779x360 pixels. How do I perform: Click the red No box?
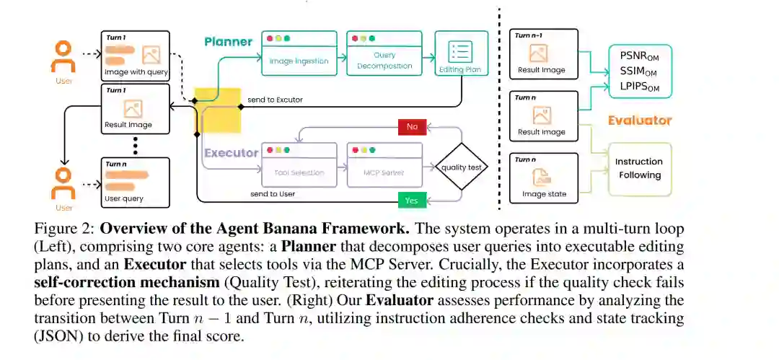point(412,126)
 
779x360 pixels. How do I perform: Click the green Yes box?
point(412,201)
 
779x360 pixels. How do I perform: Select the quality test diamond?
point(462,167)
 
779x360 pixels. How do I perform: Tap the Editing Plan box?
point(462,53)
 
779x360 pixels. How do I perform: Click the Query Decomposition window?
point(384,53)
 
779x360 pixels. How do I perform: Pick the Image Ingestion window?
point(299,53)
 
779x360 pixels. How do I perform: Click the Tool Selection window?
point(299,165)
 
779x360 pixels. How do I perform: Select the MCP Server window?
point(384,165)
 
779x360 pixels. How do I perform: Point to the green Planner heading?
point(228,42)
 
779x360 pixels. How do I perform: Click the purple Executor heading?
point(232,153)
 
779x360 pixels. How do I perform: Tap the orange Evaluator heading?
point(640,120)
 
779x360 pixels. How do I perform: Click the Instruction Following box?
point(640,169)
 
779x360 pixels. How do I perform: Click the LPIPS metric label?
point(639,87)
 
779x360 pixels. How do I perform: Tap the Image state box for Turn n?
point(544,178)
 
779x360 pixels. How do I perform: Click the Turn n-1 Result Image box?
point(544,53)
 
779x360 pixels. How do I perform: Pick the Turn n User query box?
point(135,183)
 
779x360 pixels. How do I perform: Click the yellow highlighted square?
point(217,110)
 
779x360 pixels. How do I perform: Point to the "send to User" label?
point(273,194)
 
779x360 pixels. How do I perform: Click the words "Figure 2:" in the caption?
point(65,230)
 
